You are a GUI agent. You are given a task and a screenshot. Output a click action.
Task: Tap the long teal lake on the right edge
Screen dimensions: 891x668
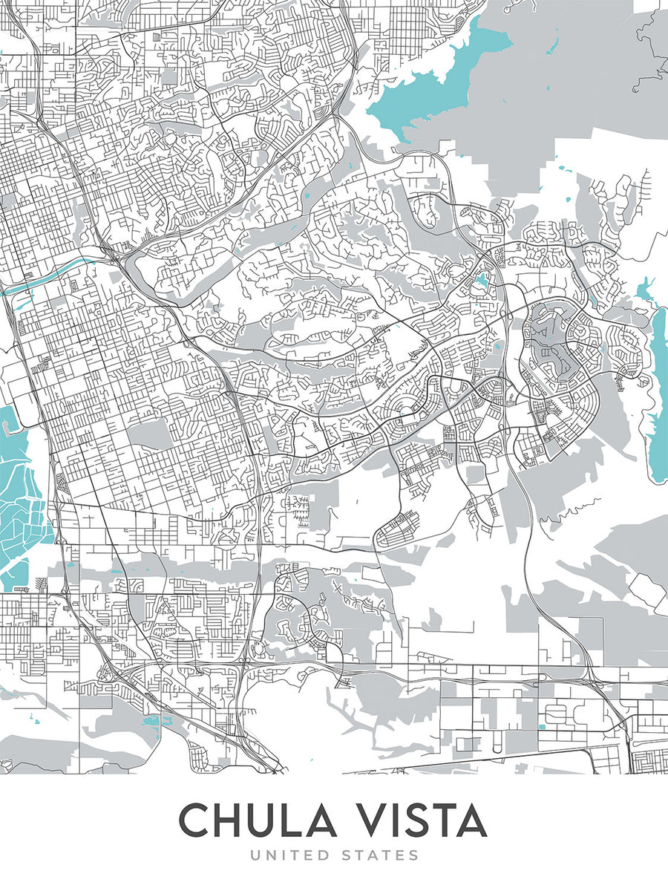[658, 386]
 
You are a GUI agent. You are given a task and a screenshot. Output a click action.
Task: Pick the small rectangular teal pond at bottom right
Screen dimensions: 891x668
[541, 726]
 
